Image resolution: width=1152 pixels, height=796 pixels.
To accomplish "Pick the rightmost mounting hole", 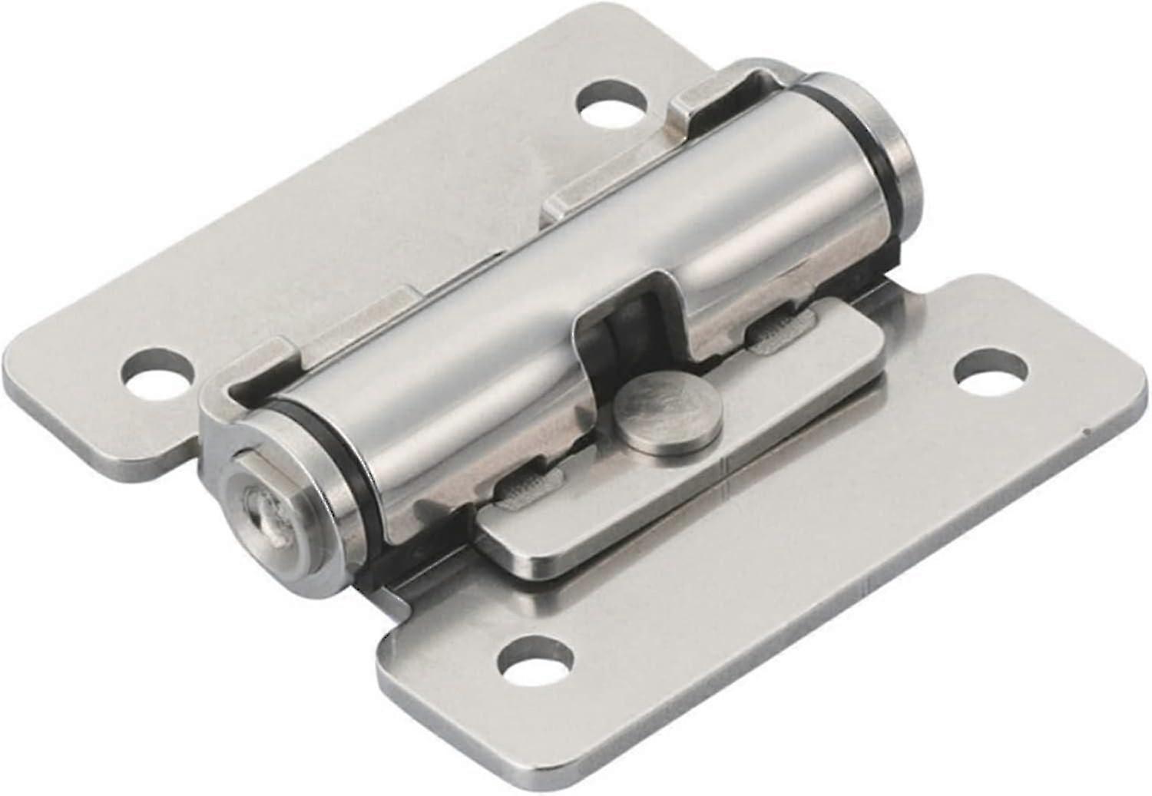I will (991, 369).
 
